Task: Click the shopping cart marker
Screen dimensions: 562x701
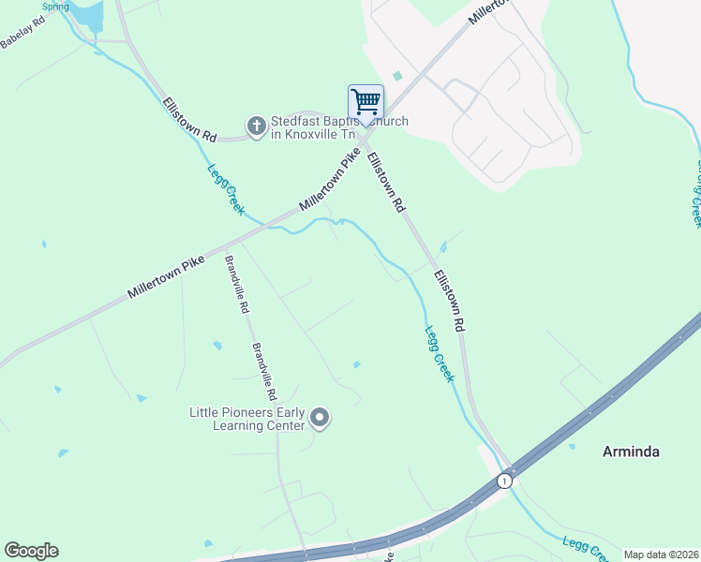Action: pyautogui.click(x=365, y=102)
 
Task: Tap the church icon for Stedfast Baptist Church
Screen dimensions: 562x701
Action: pyautogui.click(x=256, y=126)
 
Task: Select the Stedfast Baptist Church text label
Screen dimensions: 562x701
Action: pyautogui.click(x=338, y=127)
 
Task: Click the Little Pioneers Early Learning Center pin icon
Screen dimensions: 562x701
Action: pyautogui.click(x=320, y=418)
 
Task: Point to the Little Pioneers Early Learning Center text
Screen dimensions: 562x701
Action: pyautogui.click(x=248, y=419)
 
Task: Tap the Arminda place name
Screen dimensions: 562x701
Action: pyautogui.click(x=630, y=451)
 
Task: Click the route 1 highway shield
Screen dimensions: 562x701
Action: pyautogui.click(x=504, y=481)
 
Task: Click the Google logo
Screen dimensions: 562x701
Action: pyautogui.click(x=31, y=551)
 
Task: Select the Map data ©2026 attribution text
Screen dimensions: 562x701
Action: pyautogui.click(x=661, y=555)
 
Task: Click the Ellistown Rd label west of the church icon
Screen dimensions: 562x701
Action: pyautogui.click(x=188, y=120)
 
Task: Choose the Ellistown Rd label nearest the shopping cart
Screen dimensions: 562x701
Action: pyautogui.click(x=385, y=182)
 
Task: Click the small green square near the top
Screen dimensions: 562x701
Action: pyautogui.click(x=397, y=76)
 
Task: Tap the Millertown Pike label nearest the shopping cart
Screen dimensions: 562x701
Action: pyautogui.click(x=329, y=185)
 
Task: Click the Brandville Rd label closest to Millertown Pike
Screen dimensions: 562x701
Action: pyautogui.click(x=237, y=285)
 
